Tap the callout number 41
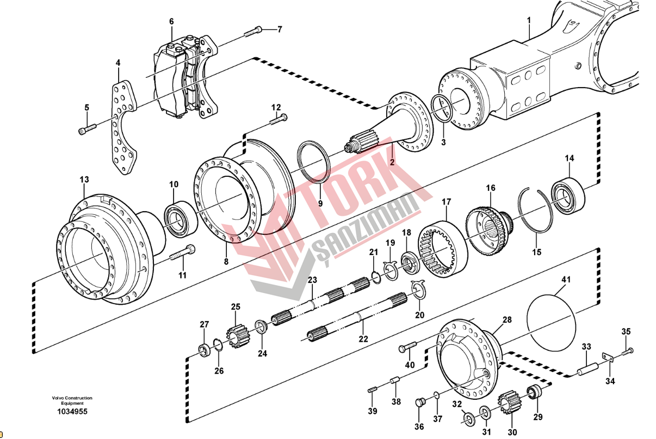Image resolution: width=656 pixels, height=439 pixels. (566, 280)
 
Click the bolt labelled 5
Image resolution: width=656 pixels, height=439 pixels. (88, 128)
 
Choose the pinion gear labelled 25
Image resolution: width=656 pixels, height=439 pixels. (235, 336)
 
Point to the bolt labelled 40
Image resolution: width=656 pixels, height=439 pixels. (408, 346)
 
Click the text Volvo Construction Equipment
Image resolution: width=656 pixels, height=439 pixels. (72, 400)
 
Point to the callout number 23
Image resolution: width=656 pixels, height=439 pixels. (312, 280)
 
